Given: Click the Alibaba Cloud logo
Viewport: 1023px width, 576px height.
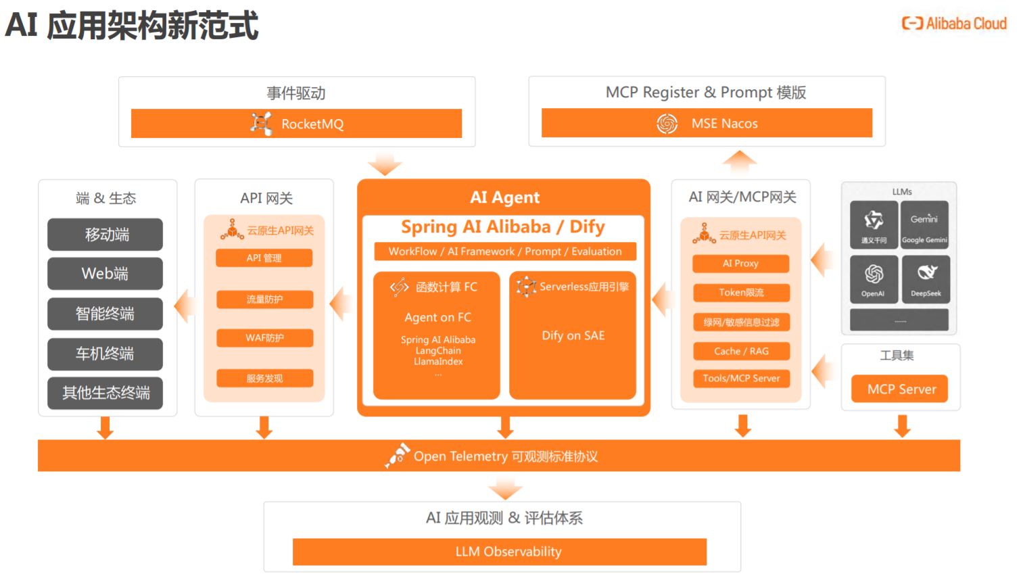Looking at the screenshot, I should (954, 24).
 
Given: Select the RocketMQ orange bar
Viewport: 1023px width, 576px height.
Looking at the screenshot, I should (296, 124).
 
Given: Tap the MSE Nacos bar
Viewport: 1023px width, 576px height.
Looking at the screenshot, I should (707, 123).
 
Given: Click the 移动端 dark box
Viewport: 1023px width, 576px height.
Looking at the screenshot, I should (105, 235).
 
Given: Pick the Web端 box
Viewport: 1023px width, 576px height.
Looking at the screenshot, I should (105, 273).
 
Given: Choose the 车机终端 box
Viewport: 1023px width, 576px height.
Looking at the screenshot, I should (105, 354).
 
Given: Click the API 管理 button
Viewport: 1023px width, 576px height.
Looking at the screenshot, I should (264, 258).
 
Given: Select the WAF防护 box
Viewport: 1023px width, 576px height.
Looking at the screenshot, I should (264, 337).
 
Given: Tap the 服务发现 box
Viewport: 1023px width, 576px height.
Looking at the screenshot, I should (264, 378).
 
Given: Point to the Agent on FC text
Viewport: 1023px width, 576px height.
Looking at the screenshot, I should (437, 317).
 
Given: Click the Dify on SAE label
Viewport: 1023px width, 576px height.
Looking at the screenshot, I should (573, 335).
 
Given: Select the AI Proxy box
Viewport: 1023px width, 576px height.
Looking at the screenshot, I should (740, 263).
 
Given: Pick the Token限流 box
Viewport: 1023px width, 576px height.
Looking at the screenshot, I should (741, 293).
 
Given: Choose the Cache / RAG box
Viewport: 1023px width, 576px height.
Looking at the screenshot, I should (741, 351).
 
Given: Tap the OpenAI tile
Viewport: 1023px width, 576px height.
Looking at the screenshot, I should (874, 279).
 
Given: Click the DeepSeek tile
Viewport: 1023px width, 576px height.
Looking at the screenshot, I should (925, 279).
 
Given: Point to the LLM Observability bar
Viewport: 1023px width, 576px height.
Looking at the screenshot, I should (499, 552).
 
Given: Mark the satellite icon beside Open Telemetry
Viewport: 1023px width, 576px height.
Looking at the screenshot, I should (398, 454).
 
